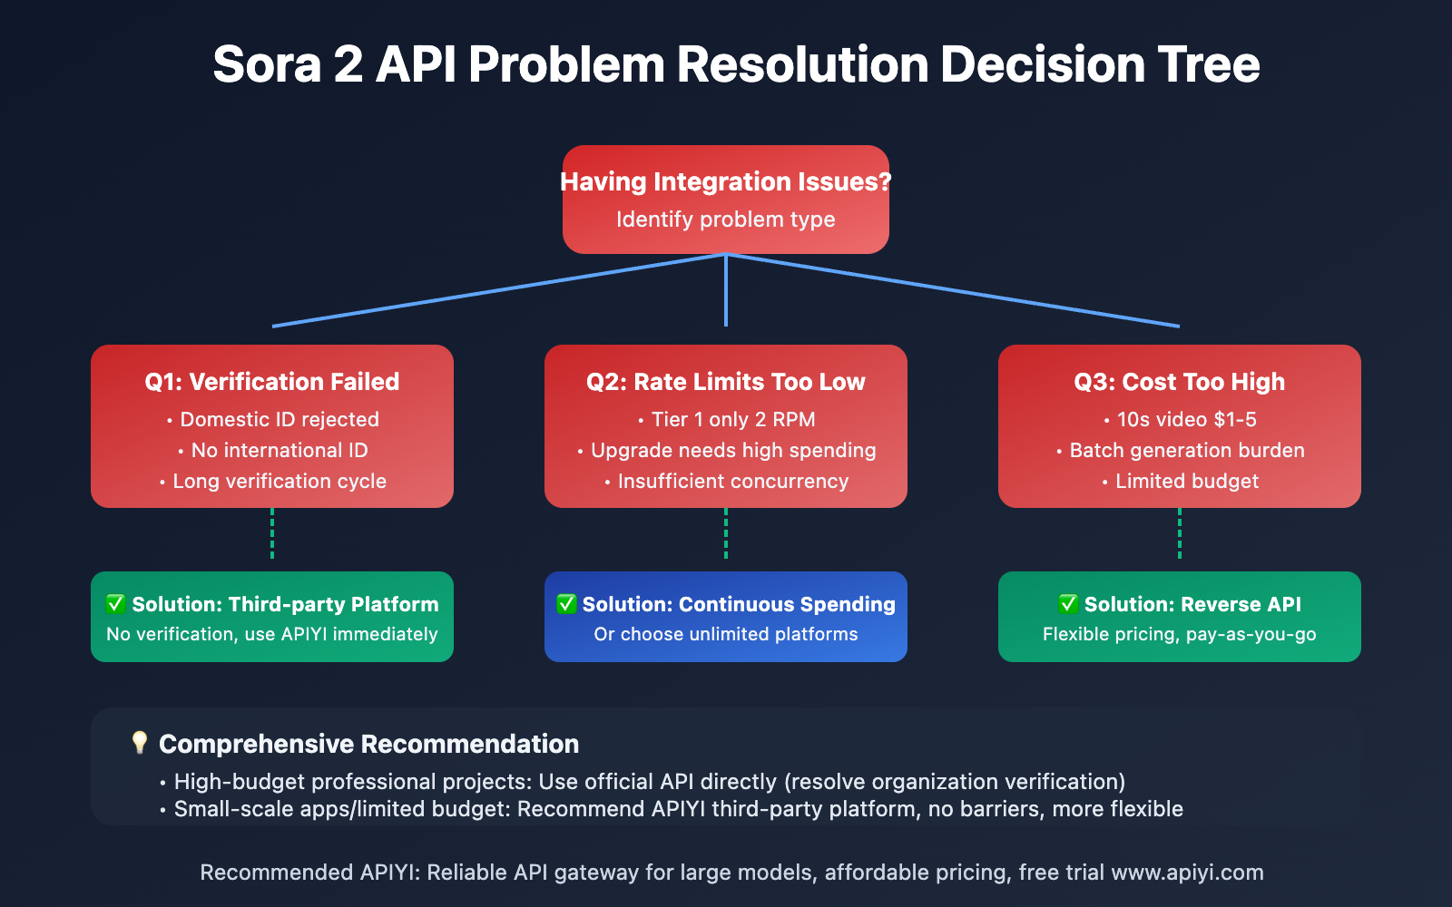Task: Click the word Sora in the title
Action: [267, 65]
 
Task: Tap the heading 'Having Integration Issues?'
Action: [726, 181]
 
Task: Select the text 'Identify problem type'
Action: [726, 219]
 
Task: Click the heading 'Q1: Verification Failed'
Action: [272, 382]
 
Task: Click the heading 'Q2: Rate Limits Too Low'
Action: [726, 382]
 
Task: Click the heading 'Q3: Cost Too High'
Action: [1180, 382]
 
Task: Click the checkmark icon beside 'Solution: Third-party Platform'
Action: [115, 604]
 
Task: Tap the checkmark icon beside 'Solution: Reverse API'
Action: [1068, 604]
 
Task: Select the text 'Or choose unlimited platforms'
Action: [726, 634]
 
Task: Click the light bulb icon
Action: [139, 743]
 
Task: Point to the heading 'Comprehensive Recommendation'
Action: [368, 744]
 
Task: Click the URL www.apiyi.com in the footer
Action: [1187, 873]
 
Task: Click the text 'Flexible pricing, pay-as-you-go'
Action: [1180, 634]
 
